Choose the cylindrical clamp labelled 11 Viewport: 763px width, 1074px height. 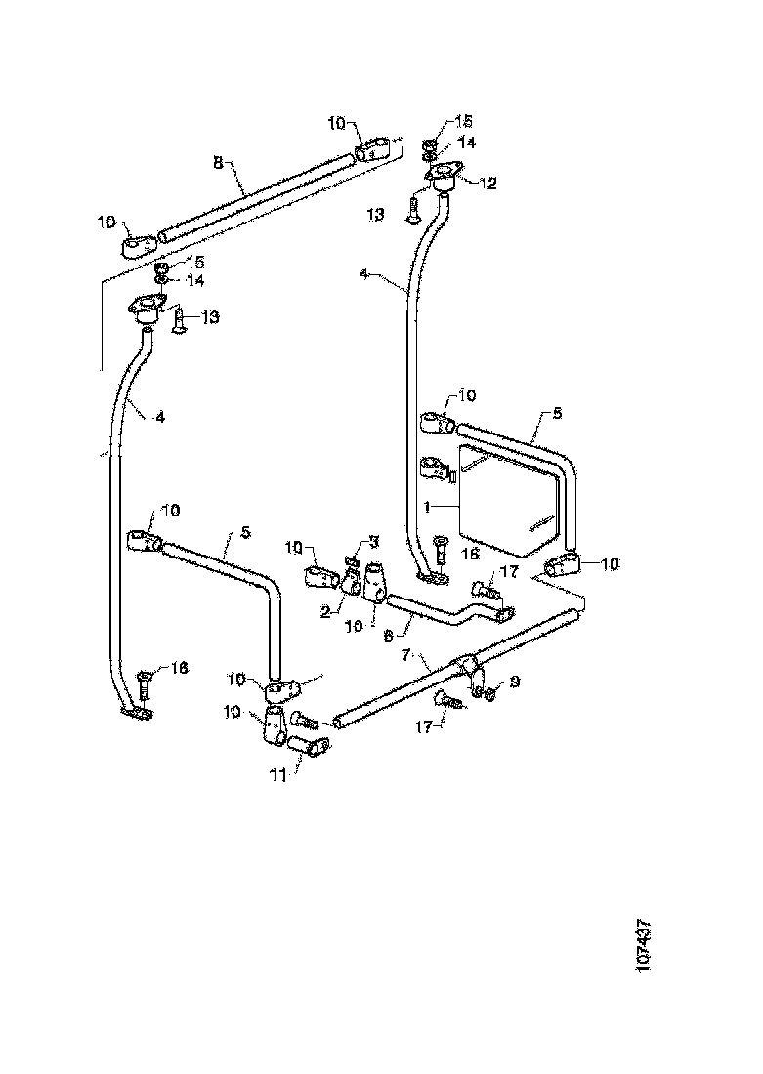click(311, 750)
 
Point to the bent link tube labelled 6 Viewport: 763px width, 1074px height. click(440, 617)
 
